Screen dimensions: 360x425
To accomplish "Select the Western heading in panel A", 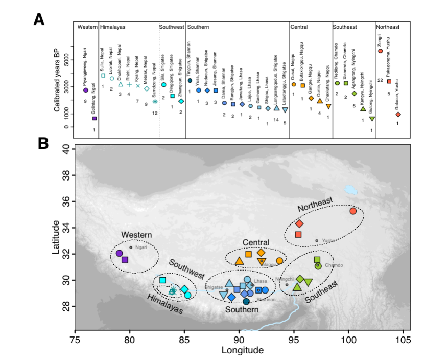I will pos(87,27).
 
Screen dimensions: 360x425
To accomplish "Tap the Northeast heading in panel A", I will pos(388,27).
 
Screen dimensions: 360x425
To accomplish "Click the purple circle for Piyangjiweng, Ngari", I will pos(86,90).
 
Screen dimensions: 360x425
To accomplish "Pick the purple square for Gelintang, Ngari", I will pos(95,118).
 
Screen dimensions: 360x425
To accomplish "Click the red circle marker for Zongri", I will pos(380,51).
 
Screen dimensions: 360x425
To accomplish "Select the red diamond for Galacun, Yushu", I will pos(398,115).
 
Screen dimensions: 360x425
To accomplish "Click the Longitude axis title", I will pos(242,350).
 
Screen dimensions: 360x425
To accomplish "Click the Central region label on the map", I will pos(256,242).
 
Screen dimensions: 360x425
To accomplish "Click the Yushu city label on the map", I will pos(328,240).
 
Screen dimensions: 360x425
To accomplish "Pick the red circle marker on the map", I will pos(353,211).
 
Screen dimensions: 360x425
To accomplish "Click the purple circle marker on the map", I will pos(119,253).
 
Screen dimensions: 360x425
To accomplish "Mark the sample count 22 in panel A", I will pos(380,80).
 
